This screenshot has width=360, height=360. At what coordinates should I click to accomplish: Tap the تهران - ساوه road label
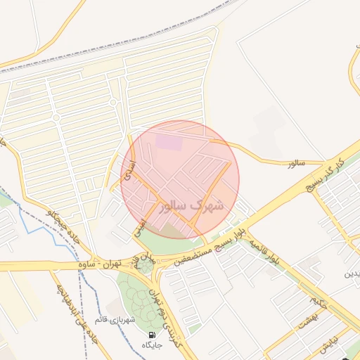pos(101,265)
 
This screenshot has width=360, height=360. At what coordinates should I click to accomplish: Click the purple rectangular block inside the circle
pos(168,142)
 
